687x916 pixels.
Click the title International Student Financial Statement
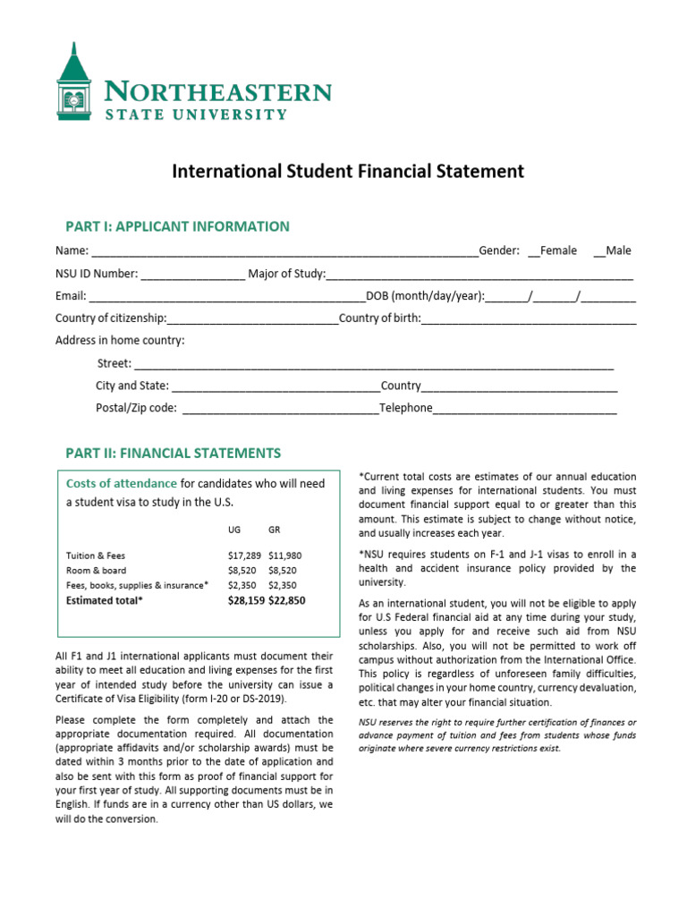(x=348, y=171)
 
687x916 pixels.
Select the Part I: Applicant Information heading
(x=177, y=226)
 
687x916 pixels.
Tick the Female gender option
(x=533, y=251)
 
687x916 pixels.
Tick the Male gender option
(x=598, y=251)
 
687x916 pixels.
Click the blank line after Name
(x=284, y=252)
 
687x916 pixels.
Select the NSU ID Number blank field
(x=192, y=275)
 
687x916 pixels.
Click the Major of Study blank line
(x=479, y=275)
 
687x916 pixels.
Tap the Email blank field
(x=226, y=297)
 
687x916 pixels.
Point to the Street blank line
(x=373, y=365)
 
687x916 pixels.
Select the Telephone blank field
(x=525, y=410)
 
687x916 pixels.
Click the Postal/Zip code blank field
(x=279, y=410)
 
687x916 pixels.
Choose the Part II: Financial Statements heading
(x=173, y=453)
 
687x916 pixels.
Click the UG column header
(x=234, y=530)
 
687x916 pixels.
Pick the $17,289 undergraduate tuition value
(x=246, y=556)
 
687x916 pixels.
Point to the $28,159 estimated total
(x=247, y=601)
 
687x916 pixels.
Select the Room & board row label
(x=97, y=571)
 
